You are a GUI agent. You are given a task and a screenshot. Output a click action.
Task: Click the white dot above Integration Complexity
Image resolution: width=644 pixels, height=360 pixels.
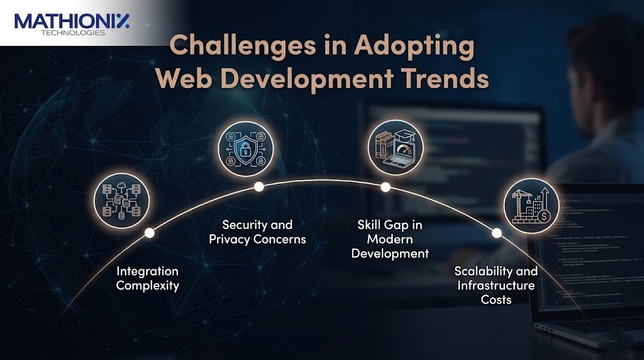(x=149, y=233)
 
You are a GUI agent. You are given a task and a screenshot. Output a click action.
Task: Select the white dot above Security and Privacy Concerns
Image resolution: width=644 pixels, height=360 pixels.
(x=258, y=186)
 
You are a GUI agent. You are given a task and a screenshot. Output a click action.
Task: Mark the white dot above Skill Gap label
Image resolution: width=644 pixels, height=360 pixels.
(x=386, y=187)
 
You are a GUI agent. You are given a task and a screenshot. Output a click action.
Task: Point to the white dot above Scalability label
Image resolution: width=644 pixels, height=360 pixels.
(x=496, y=233)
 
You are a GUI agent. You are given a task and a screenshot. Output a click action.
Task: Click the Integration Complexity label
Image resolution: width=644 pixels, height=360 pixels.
(x=148, y=278)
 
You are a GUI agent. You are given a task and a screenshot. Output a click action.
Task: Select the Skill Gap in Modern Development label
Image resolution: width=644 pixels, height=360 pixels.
(x=390, y=239)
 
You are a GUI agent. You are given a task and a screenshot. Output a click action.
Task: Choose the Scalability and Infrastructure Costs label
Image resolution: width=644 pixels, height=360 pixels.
(x=497, y=285)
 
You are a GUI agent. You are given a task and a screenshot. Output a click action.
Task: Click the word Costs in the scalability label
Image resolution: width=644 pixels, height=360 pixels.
(x=497, y=300)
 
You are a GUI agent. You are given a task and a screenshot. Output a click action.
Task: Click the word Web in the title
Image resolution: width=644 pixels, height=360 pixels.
(x=181, y=81)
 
